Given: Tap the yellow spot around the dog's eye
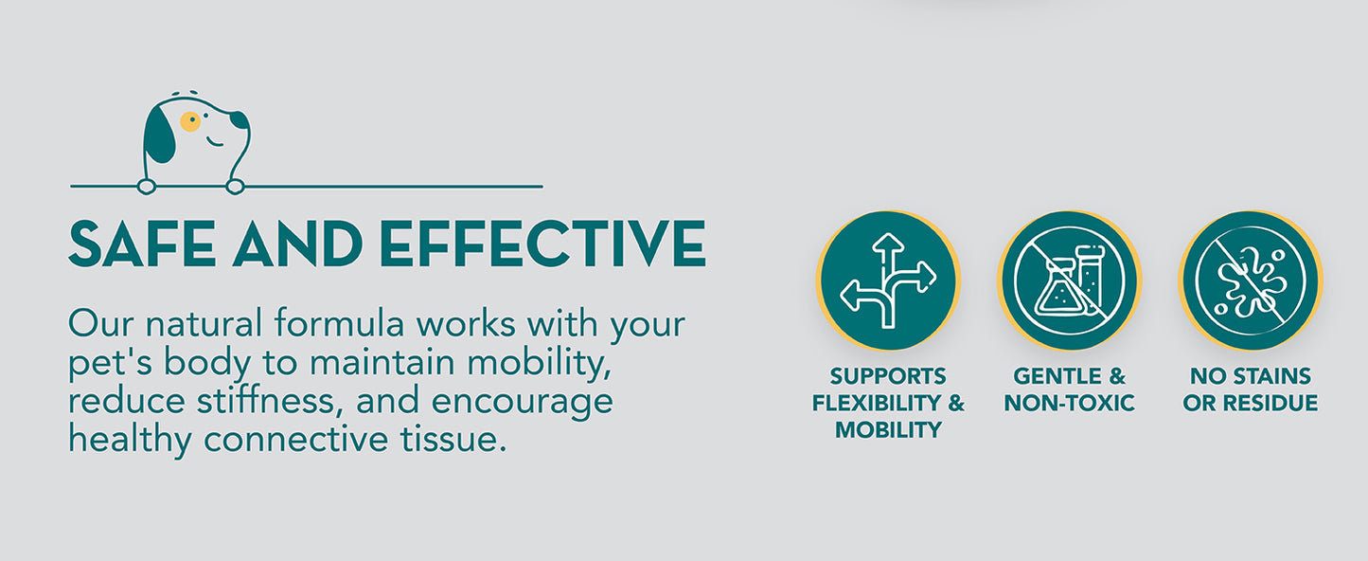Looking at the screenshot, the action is click(x=190, y=121).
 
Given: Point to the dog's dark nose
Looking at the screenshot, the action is click(x=240, y=119).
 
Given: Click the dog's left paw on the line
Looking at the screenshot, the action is click(x=146, y=187).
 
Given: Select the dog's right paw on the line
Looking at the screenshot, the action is click(x=235, y=187).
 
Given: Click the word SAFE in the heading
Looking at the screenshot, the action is click(x=142, y=244).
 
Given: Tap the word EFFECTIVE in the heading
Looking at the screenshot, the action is click(x=542, y=244).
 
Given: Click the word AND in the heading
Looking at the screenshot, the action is click(x=297, y=244).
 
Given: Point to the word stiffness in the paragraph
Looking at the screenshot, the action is click(x=266, y=400).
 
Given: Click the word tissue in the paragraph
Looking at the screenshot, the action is click(x=453, y=439).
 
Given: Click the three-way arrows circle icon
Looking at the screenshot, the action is click(x=889, y=280).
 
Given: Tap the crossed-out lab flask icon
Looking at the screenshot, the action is click(x=1070, y=280).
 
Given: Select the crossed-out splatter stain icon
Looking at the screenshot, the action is click(x=1251, y=280).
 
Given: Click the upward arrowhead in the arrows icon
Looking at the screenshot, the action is click(x=888, y=243).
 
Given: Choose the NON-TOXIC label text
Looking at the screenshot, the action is click(x=1070, y=403).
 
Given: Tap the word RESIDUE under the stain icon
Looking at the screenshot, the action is click(x=1272, y=403).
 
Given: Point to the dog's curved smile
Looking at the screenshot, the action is click(x=214, y=143).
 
